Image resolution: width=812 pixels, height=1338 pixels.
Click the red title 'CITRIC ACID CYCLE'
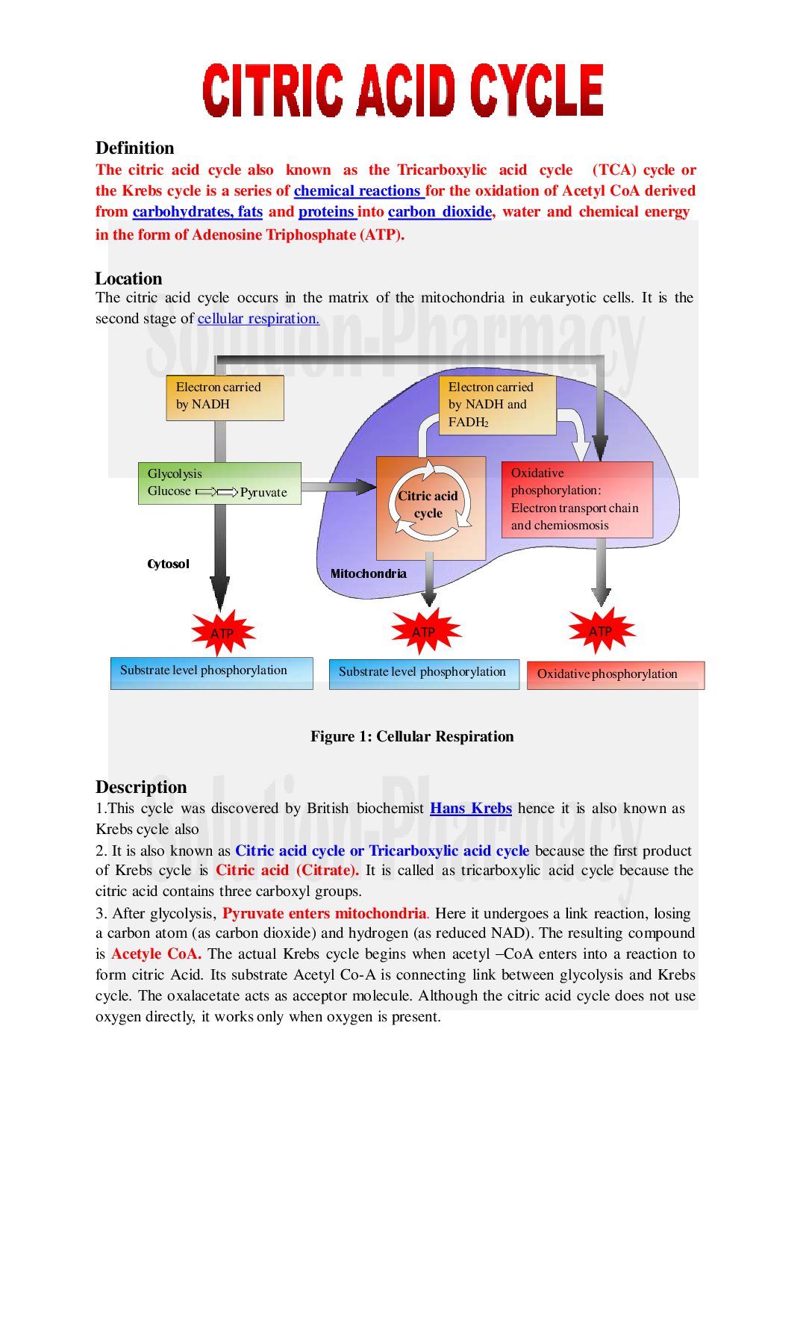pos(403,90)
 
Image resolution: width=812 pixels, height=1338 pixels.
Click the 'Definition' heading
pos(134,148)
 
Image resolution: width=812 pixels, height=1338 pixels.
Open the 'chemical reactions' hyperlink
pos(357,191)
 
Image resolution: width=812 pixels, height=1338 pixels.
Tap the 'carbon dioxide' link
pos(440,212)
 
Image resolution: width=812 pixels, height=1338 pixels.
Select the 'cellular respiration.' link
pos(258,319)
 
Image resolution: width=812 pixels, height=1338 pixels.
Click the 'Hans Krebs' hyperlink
pos(470,809)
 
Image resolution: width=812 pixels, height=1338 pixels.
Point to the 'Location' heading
pos(128,279)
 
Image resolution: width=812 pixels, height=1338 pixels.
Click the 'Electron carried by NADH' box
pos(224,397)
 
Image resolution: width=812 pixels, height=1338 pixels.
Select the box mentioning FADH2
pos(496,405)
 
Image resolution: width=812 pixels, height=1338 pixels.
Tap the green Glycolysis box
pos(219,483)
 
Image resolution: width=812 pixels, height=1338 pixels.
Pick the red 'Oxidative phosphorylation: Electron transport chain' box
pos(577,500)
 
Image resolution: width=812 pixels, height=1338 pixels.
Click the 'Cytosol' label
pos(168,564)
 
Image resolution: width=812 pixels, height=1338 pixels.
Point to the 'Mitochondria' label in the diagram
pos(368,574)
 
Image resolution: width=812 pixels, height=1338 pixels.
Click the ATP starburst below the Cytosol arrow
pos(222,633)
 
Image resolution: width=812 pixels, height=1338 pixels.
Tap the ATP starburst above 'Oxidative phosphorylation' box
pos(601,631)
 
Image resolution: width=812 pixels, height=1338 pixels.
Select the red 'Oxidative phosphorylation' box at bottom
pos(615,674)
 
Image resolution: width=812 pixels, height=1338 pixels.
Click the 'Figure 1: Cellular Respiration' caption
pos(412,737)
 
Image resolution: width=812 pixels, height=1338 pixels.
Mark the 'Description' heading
pos(141,787)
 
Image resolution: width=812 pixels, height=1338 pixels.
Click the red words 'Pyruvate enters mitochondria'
pos(325,914)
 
